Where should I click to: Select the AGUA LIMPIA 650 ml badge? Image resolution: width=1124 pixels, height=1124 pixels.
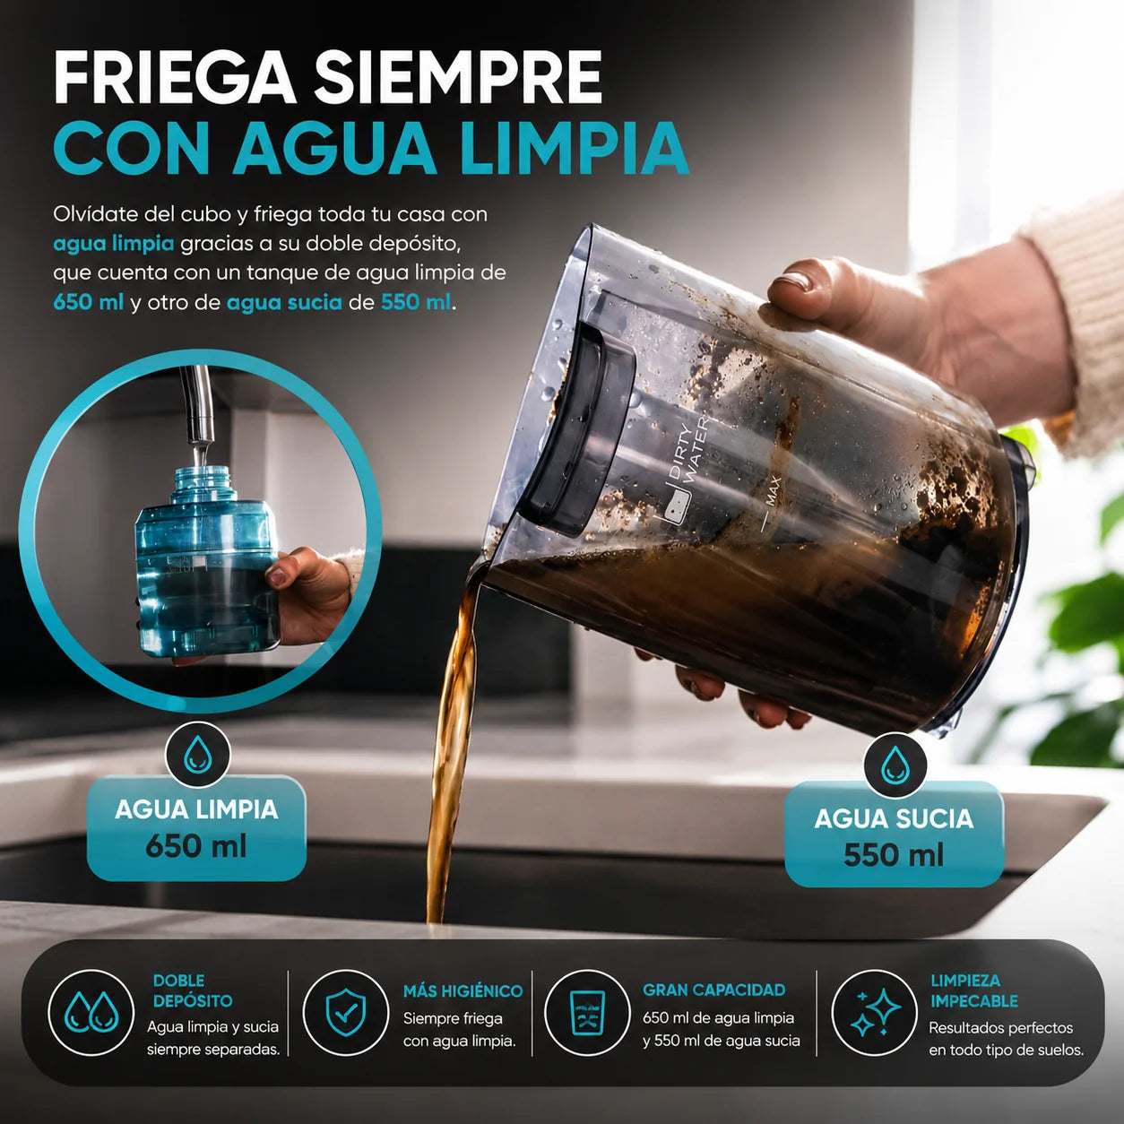point(196,829)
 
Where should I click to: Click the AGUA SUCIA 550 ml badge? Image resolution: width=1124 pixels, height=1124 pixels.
point(894,837)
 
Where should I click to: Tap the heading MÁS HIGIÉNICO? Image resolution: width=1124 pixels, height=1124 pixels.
point(463,991)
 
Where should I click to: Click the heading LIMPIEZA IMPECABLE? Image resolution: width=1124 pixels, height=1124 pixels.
point(973,991)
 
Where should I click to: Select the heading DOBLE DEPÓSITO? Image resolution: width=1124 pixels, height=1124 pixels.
point(193,990)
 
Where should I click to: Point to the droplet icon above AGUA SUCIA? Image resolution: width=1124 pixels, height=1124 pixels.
point(895,765)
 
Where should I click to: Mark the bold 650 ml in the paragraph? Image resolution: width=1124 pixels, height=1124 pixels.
point(88,302)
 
